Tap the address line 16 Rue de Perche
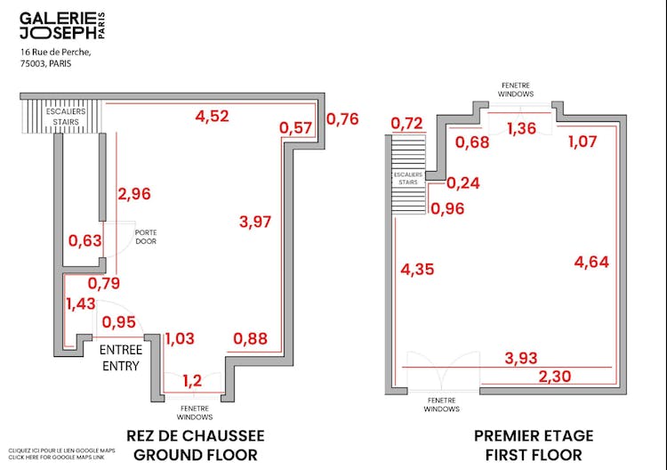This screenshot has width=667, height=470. point(55,53)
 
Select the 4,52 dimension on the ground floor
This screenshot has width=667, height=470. point(213,115)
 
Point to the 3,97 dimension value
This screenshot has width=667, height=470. point(255,221)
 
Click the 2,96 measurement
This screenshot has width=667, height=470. point(134,193)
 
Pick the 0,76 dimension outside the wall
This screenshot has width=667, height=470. point(343,118)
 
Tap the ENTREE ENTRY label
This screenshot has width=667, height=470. point(120,357)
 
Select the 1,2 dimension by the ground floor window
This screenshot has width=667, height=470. point(191,381)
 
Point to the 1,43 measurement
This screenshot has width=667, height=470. point(80,304)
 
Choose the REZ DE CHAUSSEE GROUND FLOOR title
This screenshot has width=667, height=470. point(196,445)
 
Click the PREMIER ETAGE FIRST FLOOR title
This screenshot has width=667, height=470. point(534,445)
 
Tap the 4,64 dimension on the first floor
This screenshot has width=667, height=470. point(591,262)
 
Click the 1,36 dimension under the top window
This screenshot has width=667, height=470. point(521,130)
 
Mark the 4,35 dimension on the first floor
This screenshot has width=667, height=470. point(417,269)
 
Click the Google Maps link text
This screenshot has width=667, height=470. point(61,455)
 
